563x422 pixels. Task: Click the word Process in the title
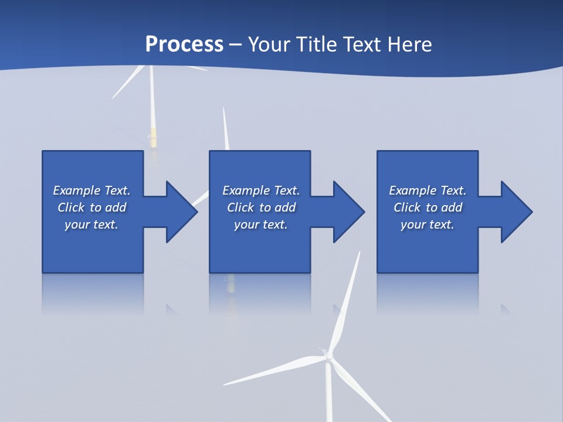tap(184, 45)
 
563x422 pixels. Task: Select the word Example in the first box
tap(77, 190)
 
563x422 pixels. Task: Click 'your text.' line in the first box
tap(91, 224)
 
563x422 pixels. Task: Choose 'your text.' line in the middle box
tap(260, 224)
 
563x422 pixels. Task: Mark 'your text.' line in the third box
tap(427, 224)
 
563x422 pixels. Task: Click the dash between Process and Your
tap(235, 45)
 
